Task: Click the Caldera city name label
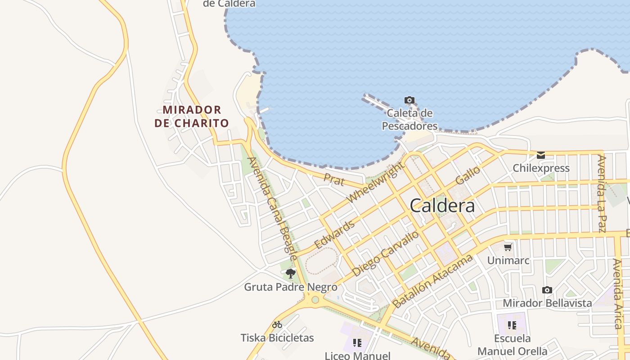point(442,206)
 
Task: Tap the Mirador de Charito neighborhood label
point(192,116)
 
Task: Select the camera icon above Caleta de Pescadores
point(409,100)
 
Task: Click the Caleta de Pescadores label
point(409,120)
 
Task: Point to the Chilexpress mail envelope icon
point(541,155)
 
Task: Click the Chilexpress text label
point(541,168)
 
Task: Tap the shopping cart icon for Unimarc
point(508,247)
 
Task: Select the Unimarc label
point(508,261)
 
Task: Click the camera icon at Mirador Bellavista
point(547,290)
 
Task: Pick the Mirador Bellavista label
point(547,303)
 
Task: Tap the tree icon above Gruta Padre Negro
point(291,273)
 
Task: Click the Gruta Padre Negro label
point(291,287)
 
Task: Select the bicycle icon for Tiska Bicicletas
point(277,324)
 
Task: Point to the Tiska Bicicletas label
point(277,337)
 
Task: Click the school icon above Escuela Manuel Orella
point(512,325)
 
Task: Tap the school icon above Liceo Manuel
point(357,343)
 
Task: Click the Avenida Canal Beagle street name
point(272,208)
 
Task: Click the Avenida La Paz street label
point(601,193)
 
